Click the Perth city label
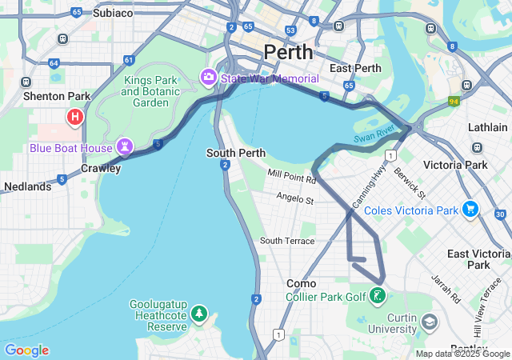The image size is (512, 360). click(287, 52)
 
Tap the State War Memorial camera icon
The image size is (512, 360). click(209, 78)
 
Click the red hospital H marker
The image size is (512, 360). click(75, 118)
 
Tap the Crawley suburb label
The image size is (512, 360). click(101, 168)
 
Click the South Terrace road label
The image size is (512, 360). click(287, 241)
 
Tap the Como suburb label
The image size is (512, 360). click(302, 283)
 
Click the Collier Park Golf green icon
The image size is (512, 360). click(378, 297)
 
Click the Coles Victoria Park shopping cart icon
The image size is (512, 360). click(470, 210)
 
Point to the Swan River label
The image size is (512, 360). click(374, 132)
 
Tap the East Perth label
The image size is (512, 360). click(354, 68)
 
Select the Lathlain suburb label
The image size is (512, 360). click(487, 127)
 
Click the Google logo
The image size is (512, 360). click(26, 350)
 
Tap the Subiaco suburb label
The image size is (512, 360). click(113, 13)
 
